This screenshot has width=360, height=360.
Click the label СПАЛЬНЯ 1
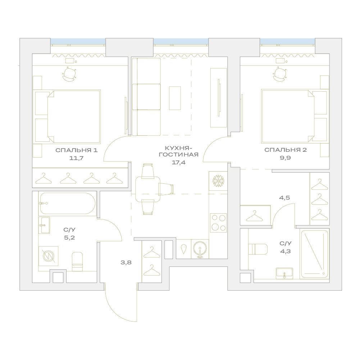point(77,150)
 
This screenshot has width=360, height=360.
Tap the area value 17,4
point(179,163)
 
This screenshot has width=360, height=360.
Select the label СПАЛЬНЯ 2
point(286,150)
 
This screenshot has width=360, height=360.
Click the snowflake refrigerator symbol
point(218,181)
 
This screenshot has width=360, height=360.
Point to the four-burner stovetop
point(218,223)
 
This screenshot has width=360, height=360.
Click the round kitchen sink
point(200,249)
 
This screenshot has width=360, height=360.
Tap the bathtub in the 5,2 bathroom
point(68,204)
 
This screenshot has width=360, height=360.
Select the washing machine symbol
point(49,256)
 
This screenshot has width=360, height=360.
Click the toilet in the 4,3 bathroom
point(258,249)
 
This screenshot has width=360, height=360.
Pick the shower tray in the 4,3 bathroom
point(314,254)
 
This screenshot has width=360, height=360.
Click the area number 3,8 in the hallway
point(126,262)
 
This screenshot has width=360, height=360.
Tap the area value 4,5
point(284,197)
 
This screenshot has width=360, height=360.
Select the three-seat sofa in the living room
point(146,97)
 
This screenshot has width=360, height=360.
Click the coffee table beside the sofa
point(175,98)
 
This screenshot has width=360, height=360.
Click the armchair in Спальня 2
point(279,74)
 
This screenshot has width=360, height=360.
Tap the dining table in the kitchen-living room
point(147,189)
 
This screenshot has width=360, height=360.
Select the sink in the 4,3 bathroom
point(284,273)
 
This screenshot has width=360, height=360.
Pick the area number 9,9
point(286,158)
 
